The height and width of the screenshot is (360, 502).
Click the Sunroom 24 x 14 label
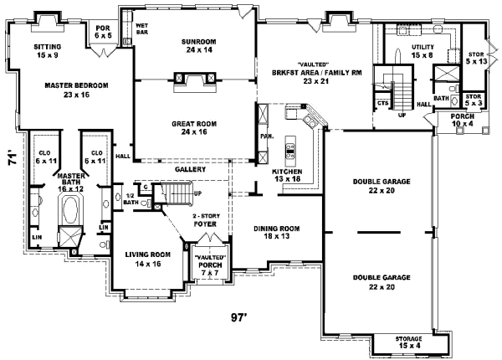(x=193, y=45)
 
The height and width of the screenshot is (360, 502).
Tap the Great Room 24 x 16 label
(x=195, y=128)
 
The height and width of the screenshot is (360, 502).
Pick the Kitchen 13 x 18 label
(x=287, y=175)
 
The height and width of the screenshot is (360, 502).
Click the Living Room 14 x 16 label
(x=148, y=260)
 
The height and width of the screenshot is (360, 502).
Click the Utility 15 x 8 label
(x=423, y=50)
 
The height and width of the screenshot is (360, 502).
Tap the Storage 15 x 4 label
(x=410, y=342)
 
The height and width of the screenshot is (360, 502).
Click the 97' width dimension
(x=240, y=318)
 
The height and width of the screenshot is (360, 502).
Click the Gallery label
(x=191, y=169)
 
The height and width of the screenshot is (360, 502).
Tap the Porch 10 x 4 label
(x=462, y=121)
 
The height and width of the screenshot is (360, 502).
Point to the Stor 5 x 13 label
(x=475, y=58)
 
